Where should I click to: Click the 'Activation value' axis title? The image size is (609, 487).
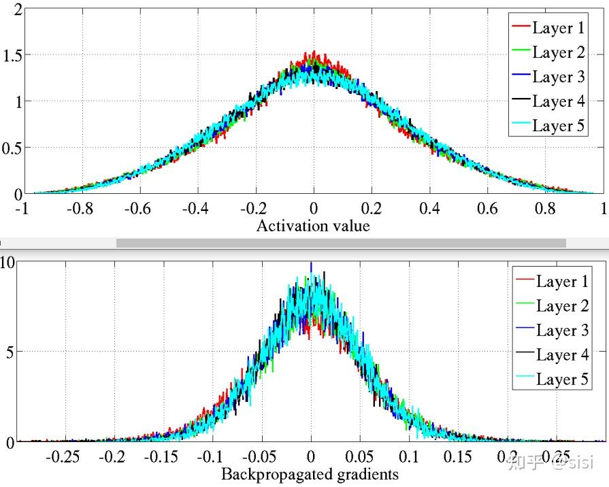pos(313,226)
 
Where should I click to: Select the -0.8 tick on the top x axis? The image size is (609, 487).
pos(81,209)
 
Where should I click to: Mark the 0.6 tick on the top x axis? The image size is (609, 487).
pos(487,209)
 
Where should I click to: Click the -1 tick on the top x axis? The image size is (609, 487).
pos(22,209)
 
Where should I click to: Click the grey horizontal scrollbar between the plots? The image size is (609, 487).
pos(341,243)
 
